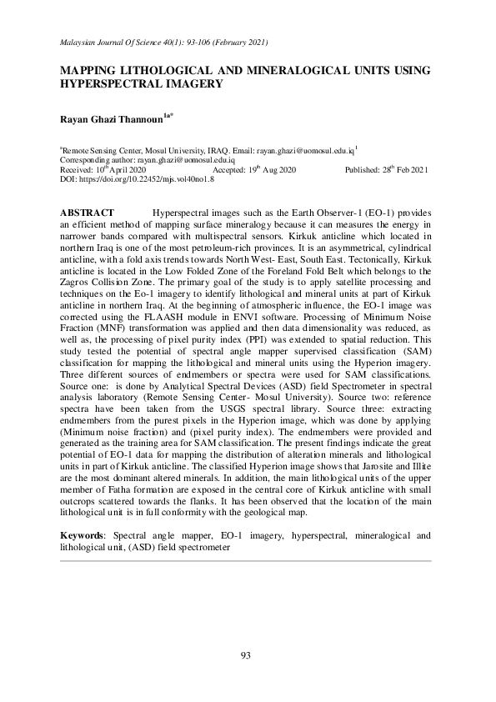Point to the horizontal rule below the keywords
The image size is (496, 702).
[x=247, y=561]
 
